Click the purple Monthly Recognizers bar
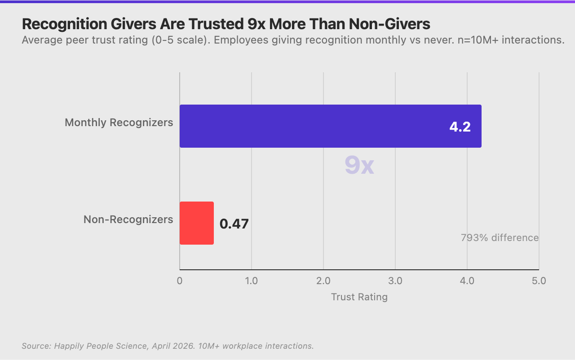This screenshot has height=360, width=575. [x=330, y=126]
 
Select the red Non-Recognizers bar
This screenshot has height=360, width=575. [x=197, y=223]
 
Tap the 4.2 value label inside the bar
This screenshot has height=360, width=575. [x=460, y=127]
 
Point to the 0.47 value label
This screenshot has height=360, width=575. [x=234, y=224]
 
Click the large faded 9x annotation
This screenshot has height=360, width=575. [x=359, y=166]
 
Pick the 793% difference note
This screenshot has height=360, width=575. [x=500, y=237]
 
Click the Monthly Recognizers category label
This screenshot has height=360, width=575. [x=119, y=123]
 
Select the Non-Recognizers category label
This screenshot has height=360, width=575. [x=128, y=220]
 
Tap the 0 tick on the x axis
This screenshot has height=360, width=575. [x=180, y=281]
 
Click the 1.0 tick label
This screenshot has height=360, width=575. [x=252, y=281]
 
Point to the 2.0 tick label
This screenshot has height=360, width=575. [x=323, y=281]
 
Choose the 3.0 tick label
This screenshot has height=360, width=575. [x=395, y=281]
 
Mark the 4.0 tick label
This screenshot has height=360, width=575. [x=467, y=281]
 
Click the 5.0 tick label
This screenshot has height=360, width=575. [x=539, y=281]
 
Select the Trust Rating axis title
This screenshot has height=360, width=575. [x=359, y=297]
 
